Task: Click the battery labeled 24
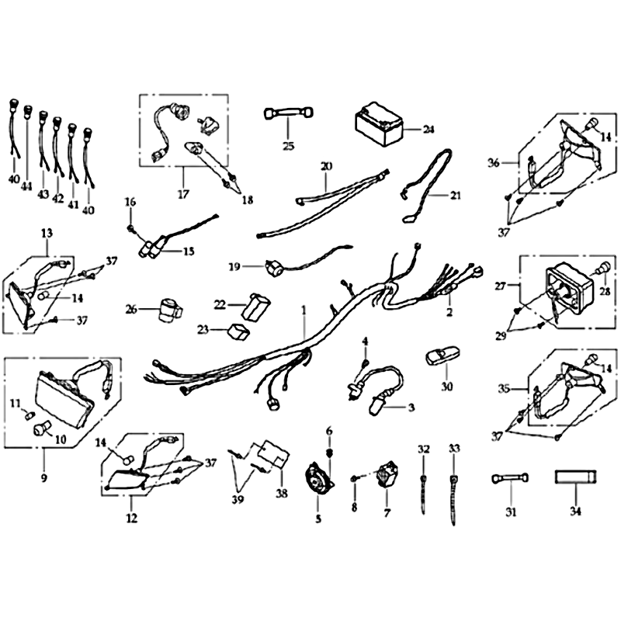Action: click(x=379, y=124)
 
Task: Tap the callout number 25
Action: click(x=289, y=146)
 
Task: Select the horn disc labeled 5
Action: click(x=318, y=480)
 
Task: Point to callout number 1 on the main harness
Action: click(x=304, y=310)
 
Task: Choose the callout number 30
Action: click(x=447, y=386)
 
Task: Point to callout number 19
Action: click(x=234, y=267)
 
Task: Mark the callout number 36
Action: click(x=494, y=163)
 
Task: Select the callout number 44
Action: click(x=26, y=186)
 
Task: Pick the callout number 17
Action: click(x=183, y=195)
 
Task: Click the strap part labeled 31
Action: click(x=510, y=478)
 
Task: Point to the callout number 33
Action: click(x=454, y=449)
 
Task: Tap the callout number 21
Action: click(x=456, y=196)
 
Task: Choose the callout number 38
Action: click(x=282, y=494)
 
